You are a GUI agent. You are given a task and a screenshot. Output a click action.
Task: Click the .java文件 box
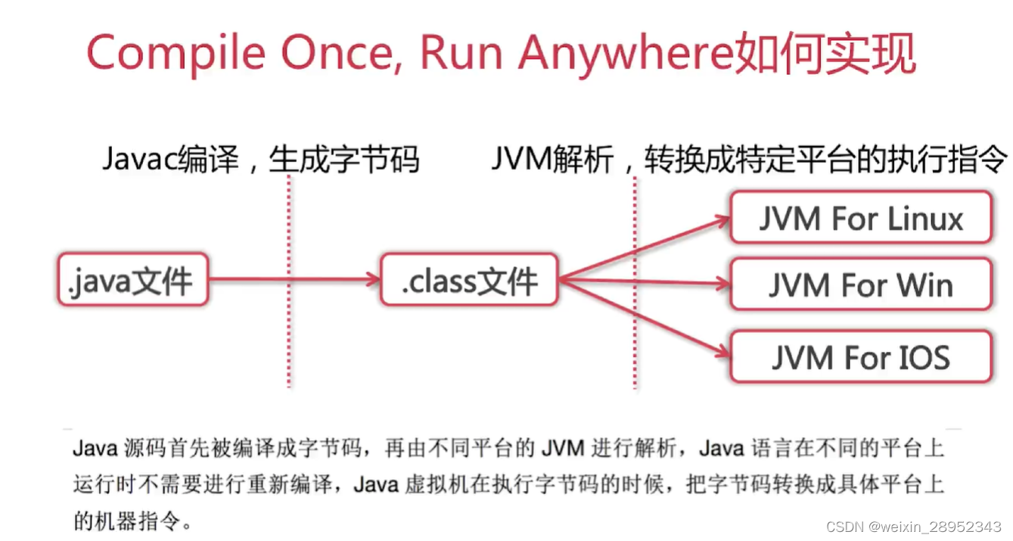[x=132, y=279]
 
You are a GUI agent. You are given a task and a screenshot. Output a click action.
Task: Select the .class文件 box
[x=469, y=280]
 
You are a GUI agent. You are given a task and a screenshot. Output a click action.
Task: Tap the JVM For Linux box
[x=860, y=218]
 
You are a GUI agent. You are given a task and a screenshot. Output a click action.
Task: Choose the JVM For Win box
[x=860, y=284]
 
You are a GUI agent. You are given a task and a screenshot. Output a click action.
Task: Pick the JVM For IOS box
[x=860, y=356]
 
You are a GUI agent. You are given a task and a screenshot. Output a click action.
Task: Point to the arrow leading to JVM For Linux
[x=643, y=248]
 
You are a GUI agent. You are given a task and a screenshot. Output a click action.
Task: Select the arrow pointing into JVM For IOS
[x=643, y=318]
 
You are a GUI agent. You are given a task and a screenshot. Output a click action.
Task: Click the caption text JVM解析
[x=552, y=160]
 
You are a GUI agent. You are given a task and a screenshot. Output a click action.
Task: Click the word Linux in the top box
[x=925, y=219]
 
